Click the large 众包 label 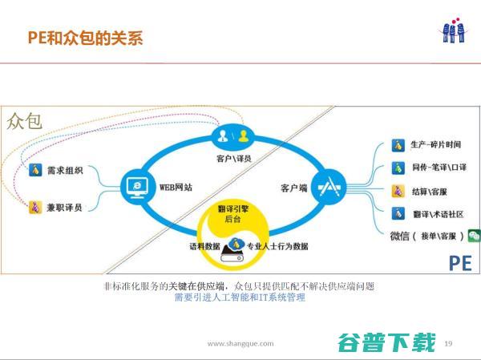click(x=25, y=121)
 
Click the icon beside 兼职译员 click(x=34, y=207)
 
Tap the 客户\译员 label click(x=233, y=158)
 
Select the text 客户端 click(x=294, y=188)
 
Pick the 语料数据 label click(x=204, y=246)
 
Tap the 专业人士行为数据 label click(x=277, y=246)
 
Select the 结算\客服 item click(x=429, y=192)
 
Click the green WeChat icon click(x=475, y=236)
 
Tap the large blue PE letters click(x=459, y=261)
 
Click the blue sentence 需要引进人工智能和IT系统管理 click(x=240, y=297)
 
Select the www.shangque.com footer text click(x=240, y=343)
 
